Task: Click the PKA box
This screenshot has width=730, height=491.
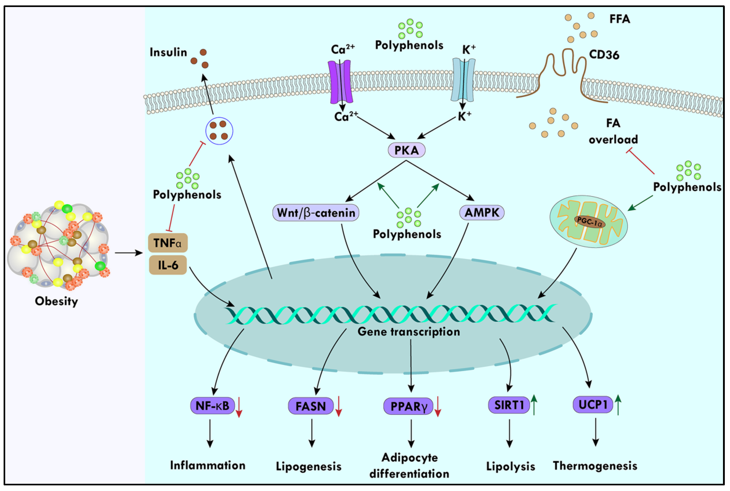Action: coord(406,150)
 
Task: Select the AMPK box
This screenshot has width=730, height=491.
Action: coord(481,213)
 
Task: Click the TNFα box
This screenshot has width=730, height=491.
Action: coord(168,243)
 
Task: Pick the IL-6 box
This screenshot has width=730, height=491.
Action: coord(168,265)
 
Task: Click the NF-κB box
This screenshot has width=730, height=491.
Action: coord(212,406)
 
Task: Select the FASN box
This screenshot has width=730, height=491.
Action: coord(310,406)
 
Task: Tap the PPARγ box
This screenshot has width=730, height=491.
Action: coord(408,407)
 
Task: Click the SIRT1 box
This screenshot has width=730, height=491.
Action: coord(509,405)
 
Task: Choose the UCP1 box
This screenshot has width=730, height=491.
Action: coord(592,404)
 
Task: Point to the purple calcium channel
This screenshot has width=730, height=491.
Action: coord(340,82)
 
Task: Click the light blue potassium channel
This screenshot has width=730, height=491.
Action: coord(463,80)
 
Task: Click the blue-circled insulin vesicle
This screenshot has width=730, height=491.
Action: coord(219,131)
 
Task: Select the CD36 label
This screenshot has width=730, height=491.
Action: coord(604,55)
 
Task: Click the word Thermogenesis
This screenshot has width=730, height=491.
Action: coord(595,466)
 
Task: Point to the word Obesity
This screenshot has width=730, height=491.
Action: coord(56,301)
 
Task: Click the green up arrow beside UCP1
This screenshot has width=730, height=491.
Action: coord(618,404)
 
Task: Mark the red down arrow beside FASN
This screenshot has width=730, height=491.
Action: coord(338,407)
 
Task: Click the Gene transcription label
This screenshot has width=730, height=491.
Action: coord(408,332)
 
